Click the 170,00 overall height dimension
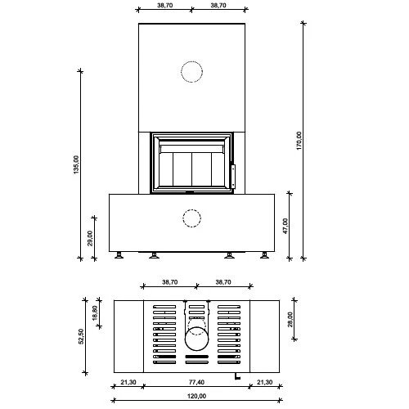coord(299,141)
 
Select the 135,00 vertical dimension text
coord(75,164)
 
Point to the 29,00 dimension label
coord(91,237)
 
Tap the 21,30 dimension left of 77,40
coord(128,383)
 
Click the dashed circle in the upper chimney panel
coord(191,72)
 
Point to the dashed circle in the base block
coord(191,219)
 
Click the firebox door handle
coord(231,173)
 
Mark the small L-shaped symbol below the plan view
coord(236,376)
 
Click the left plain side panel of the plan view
coord(128,335)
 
